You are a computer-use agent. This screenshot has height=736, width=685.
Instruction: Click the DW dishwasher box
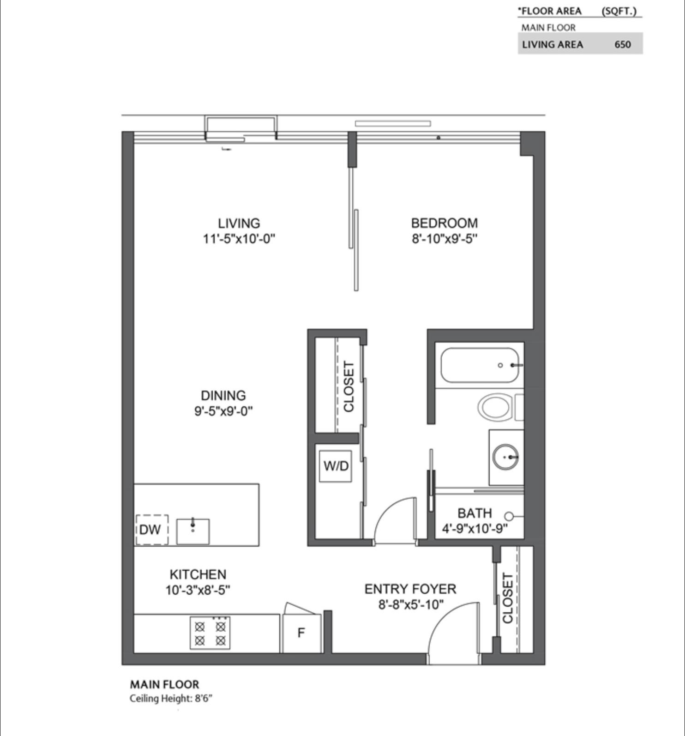coord(151,530)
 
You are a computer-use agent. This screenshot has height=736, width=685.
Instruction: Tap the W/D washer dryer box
coord(336,466)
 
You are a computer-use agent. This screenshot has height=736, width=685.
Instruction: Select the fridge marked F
coord(301,633)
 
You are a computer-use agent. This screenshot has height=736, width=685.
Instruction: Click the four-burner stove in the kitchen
coord(210,633)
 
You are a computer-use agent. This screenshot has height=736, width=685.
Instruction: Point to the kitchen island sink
coord(193,531)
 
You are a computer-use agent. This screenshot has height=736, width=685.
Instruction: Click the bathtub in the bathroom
coord(480,365)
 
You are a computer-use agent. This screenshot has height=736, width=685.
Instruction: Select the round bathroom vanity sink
coord(505,457)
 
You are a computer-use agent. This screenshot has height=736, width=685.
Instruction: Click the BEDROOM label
coord(444,223)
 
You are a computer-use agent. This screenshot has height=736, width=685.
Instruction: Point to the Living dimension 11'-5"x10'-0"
coord(239,239)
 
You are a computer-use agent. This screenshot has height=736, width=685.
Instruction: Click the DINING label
coord(223,395)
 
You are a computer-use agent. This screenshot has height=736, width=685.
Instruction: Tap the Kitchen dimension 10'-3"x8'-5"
coord(198,590)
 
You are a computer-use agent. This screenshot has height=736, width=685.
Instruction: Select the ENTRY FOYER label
coord(410,589)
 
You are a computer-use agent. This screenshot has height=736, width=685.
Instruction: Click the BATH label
coord(475,513)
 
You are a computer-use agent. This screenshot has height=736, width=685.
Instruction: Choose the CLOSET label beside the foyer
coord(507,598)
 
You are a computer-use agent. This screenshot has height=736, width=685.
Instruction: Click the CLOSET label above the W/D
coord(349,386)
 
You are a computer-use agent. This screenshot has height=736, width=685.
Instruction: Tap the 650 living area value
coord(622,44)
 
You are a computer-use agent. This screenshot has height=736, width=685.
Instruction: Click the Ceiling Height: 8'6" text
coord(171,698)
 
